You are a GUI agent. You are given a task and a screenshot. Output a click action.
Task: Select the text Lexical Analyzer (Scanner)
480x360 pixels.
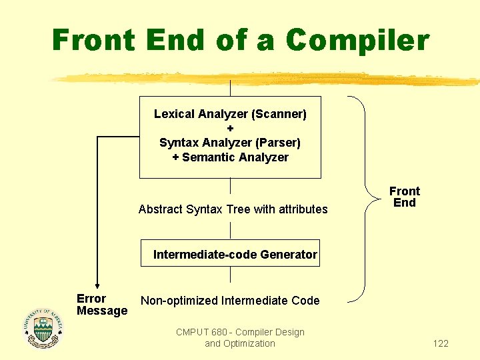click(x=230, y=114)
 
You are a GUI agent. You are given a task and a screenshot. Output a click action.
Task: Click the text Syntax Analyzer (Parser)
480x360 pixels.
click(x=230, y=143)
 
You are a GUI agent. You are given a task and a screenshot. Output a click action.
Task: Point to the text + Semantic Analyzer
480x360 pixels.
click(x=230, y=157)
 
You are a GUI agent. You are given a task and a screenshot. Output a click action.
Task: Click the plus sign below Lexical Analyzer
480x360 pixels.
click(x=230, y=128)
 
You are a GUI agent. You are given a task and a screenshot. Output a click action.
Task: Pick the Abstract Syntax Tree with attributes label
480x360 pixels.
click(x=233, y=209)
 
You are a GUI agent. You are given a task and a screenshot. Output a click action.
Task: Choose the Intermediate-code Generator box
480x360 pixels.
click(x=230, y=253)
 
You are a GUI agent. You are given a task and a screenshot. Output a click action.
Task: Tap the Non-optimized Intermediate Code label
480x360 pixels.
click(x=230, y=301)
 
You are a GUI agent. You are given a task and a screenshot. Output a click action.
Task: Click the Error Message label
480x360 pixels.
click(x=101, y=305)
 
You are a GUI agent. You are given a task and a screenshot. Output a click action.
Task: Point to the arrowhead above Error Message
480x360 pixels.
click(x=98, y=285)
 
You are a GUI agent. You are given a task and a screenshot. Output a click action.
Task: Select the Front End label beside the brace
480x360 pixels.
click(x=404, y=197)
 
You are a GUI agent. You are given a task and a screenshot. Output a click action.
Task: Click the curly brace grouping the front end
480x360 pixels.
click(x=363, y=197)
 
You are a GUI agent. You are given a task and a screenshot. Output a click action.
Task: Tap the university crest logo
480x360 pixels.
click(x=43, y=328)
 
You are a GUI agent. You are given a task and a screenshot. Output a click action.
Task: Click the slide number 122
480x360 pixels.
click(x=441, y=343)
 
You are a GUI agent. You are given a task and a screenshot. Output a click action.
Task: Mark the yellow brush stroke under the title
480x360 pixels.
click(x=267, y=79)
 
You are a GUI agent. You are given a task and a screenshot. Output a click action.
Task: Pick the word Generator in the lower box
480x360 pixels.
click(x=289, y=254)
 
